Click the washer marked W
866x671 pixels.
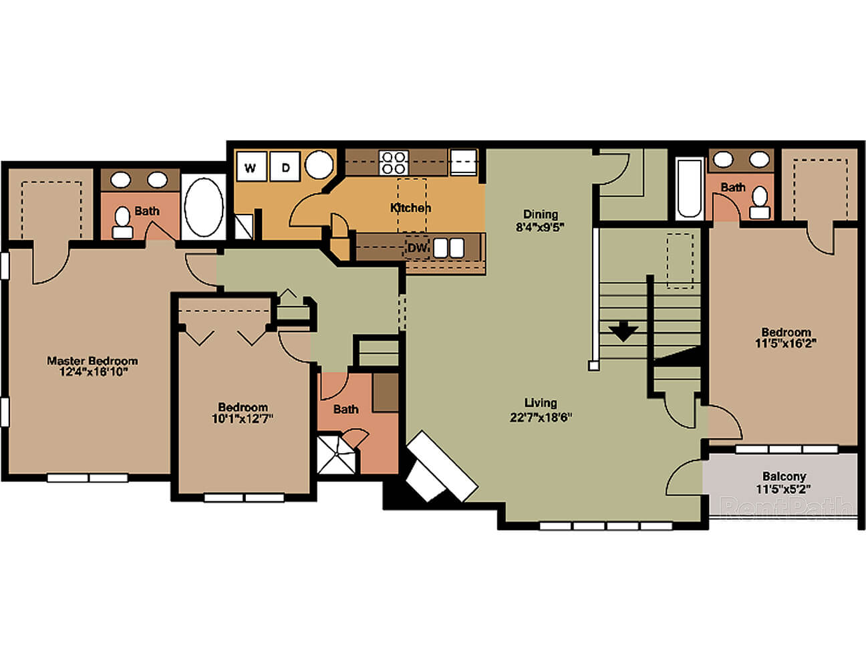251,166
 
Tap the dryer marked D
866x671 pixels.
285,166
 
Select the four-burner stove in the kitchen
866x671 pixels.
394,162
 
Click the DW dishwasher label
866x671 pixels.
417,248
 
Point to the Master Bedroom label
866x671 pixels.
92,361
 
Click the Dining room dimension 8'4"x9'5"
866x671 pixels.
541,227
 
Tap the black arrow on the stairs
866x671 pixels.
623,331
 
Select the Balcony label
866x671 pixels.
784,476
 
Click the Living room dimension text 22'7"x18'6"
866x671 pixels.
541,418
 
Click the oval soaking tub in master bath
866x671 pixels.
204,207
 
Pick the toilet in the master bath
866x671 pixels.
122,223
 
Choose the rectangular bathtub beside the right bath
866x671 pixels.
689,188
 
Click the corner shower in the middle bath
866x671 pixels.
336,454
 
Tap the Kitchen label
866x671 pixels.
410,208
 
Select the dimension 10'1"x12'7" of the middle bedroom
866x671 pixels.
243,418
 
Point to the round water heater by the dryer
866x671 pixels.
319,164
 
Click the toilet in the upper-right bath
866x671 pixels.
760,203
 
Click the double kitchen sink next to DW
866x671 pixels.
449,248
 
